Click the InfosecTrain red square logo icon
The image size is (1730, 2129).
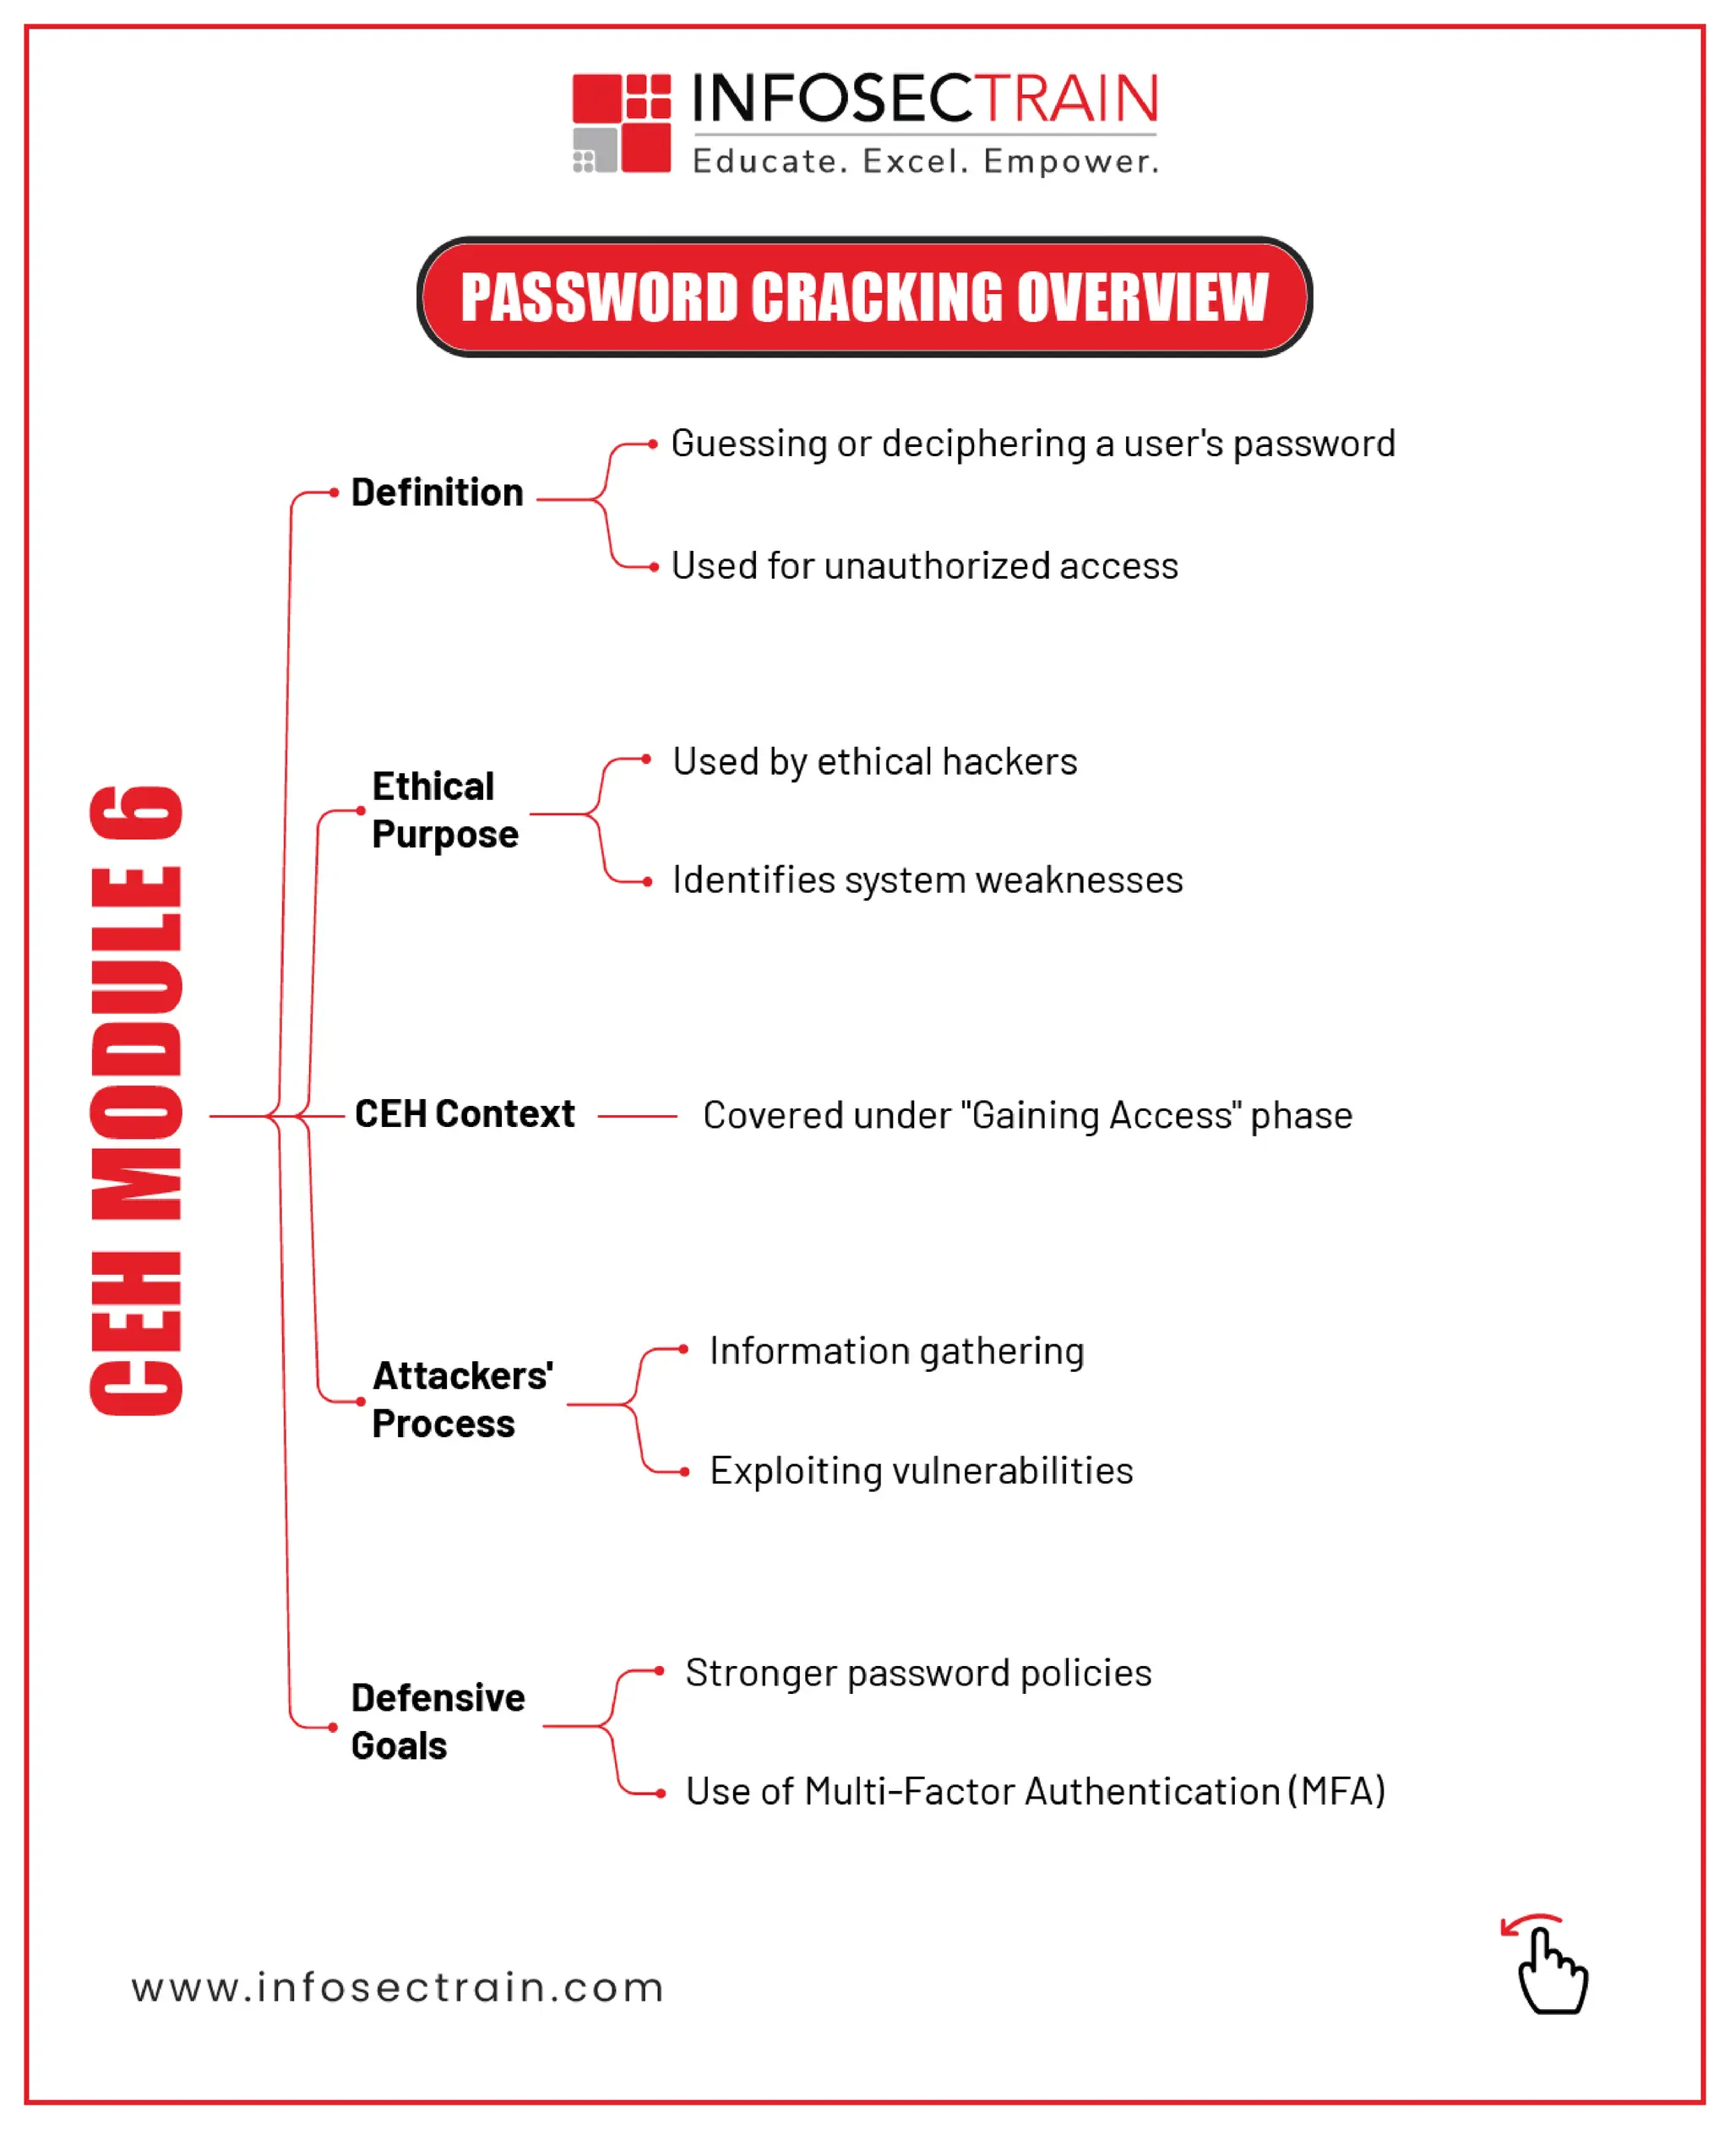(x=621, y=123)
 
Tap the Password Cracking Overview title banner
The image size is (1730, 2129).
(x=864, y=297)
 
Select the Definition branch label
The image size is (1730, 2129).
(x=437, y=493)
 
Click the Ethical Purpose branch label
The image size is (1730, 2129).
(x=444, y=810)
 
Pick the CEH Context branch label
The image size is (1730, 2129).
(x=465, y=1114)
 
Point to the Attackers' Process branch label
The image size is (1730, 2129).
(x=461, y=1399)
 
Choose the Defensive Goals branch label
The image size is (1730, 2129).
(x=438, y=1721)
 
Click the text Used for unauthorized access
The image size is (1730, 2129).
(x=924, y=566)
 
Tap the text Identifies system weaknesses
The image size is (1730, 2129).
(x=927, y=880)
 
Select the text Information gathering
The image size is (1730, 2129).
(x=896, y=1352)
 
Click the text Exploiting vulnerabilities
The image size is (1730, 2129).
(x=921, y=1471)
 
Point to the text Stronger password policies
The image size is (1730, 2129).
(x=918, y=1674)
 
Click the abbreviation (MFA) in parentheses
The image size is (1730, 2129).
(x=1336, y=1791)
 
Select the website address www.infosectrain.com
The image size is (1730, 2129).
(x=397, y=1987)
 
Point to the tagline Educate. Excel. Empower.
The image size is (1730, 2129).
(x=926, y=161)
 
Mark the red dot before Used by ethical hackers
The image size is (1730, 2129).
(x=647, y=760)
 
